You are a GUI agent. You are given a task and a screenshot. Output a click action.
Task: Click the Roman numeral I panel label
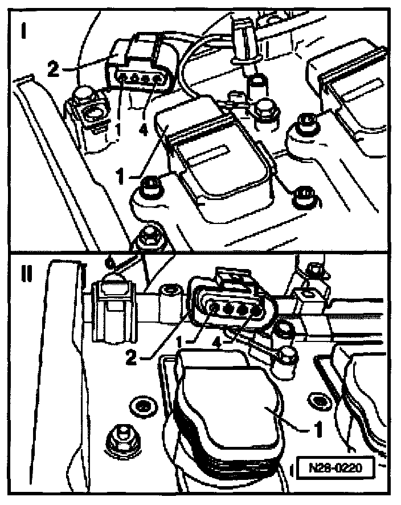coord(23,31)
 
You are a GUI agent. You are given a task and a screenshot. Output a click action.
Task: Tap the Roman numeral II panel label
coord(27,274)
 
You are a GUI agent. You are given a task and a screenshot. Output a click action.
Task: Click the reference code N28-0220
coord(335,467)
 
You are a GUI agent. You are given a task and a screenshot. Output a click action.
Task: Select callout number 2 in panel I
coord(53,69)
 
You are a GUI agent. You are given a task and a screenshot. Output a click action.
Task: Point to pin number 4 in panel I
coord(143,130)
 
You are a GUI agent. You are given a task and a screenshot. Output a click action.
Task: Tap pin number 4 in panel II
coord(218,344)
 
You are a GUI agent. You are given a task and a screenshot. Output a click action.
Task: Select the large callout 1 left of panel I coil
coord(120,176)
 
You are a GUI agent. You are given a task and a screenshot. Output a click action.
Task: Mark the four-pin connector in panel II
coord(232,299)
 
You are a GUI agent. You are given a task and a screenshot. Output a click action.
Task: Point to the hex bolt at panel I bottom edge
coord(149,238)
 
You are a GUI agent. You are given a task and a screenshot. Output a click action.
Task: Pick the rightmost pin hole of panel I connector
coord(157,78)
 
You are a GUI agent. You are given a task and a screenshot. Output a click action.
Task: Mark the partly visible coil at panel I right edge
coord(351,97)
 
